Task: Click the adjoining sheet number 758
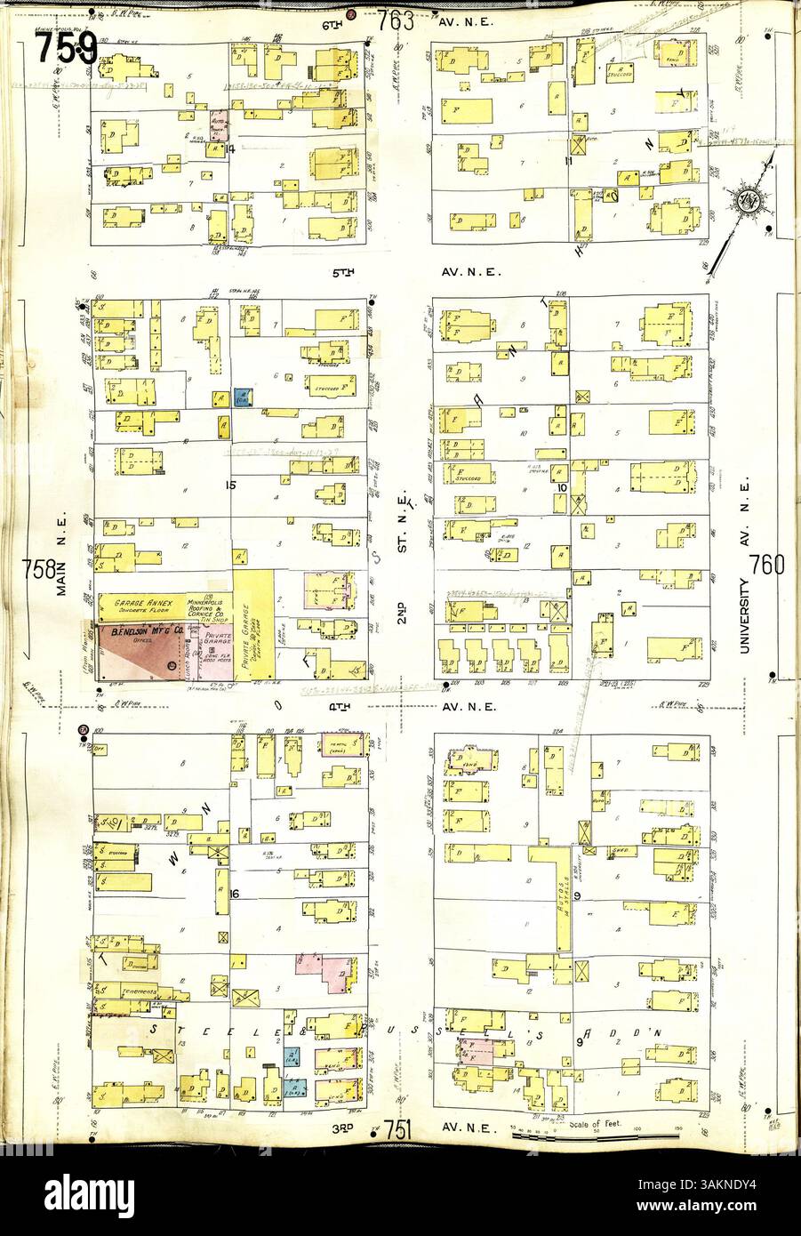(41, 566)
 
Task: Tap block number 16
(235, 892)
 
